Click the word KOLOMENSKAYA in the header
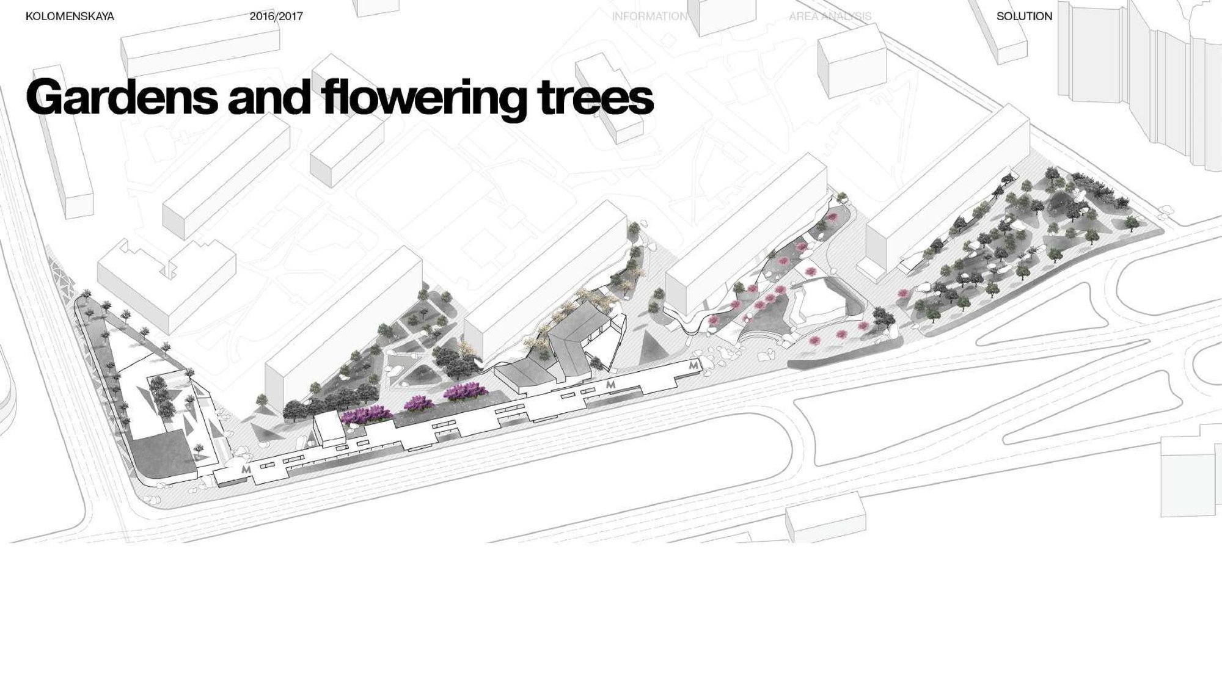click(70, 16)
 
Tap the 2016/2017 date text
click(276, 16)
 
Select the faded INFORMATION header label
click(649, 16)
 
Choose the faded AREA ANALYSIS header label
click(830, 16)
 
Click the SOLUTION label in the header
click(1025, 16)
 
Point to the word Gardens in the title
click(122, 96)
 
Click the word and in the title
click(268, 96)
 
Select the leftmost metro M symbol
click(247, 470)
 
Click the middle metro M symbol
click(610, 385)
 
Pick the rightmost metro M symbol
click(693, 365)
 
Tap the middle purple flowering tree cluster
click(419, 404)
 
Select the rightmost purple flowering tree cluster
click(466, 391)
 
